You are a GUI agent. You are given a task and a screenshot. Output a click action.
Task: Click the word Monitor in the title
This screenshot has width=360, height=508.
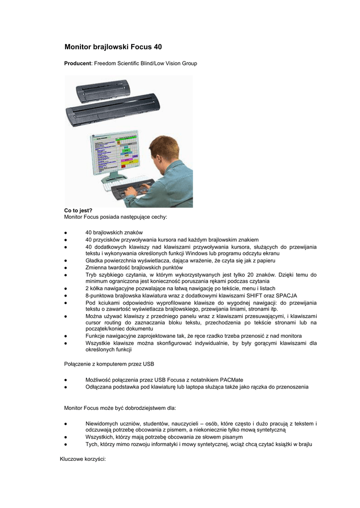click(x=79, y=47)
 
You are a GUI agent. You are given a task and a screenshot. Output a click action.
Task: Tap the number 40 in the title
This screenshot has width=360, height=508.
click(x=157, y=47)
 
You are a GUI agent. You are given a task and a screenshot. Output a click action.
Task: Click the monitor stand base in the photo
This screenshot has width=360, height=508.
click(x=115, y=176)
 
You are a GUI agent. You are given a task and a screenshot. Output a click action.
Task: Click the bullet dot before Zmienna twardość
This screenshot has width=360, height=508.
click(x=66, y=267)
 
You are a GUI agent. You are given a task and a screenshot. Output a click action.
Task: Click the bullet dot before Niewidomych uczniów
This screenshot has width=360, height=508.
click(x=66, y=423)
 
